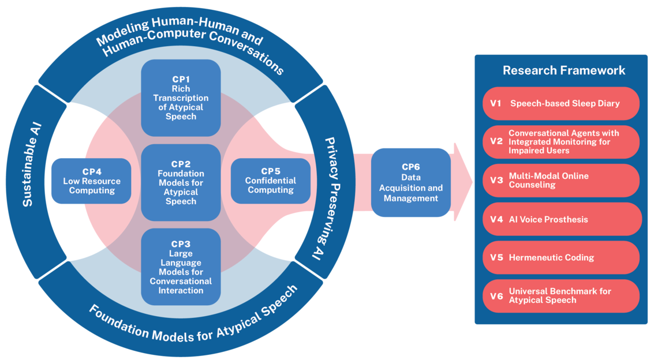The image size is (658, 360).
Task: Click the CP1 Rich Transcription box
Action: point(181,98)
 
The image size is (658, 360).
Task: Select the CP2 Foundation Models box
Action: point(181,182)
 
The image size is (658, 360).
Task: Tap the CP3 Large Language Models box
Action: point(181,267)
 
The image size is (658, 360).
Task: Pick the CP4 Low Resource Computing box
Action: point(91,181)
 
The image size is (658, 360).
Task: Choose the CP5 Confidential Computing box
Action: point(270,181)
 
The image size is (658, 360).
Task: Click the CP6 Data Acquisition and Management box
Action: point(410,182)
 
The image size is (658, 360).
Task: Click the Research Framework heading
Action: point(563,71)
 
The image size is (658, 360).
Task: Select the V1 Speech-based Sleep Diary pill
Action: point(561,104)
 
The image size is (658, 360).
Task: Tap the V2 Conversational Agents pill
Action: point(561,142)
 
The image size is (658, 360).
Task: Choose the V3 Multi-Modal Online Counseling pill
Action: point(561,181)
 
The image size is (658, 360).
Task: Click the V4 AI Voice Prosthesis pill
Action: point(561,219)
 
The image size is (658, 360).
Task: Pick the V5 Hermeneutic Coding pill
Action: point(561,257)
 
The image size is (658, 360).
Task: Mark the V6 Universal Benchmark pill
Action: point(561,296)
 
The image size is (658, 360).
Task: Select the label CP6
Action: point(410,167)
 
